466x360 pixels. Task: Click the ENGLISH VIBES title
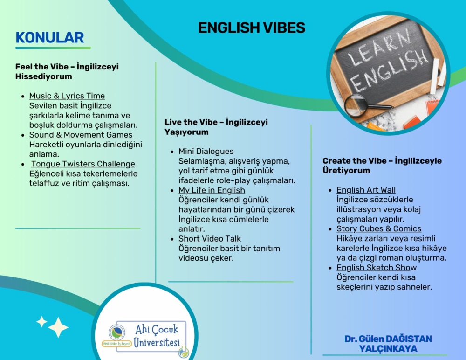[x=252, y=28]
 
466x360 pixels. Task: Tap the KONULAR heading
[x=50, y=37]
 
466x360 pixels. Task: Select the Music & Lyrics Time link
[x=67, y=96]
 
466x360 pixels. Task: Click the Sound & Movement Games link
[x=81, y=135]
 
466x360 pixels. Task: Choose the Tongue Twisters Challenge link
[x=83, y=164]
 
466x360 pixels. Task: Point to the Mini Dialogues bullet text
[x=206, y=152]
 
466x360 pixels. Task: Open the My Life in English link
[x=212, y=190]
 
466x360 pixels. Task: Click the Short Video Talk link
[x=210, y=239]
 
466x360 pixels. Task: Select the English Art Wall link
[x=366, y=190]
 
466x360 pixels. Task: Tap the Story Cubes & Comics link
[x=379, y=229]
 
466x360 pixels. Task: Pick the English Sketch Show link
[x=377, y=268]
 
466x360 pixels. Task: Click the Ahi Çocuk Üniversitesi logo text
[x=157, y=336]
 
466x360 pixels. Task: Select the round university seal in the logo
[x=116, y=333]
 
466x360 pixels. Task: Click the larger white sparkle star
[x=58, y=327]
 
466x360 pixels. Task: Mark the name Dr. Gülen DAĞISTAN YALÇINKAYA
[x=388, y=344]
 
